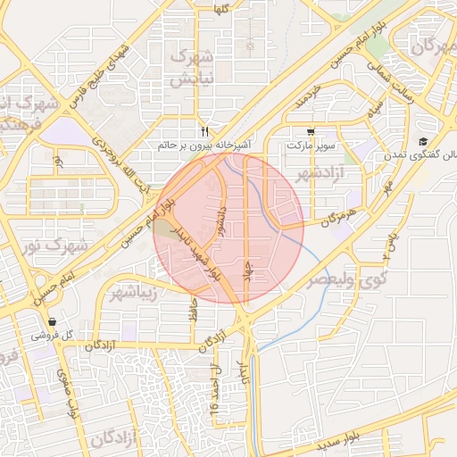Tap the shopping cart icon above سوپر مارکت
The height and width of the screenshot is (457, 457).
(x=310, y=130)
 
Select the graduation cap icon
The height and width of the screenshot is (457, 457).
(x=422, y=141)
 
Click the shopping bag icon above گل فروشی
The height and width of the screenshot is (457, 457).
(x=52, y=322)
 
